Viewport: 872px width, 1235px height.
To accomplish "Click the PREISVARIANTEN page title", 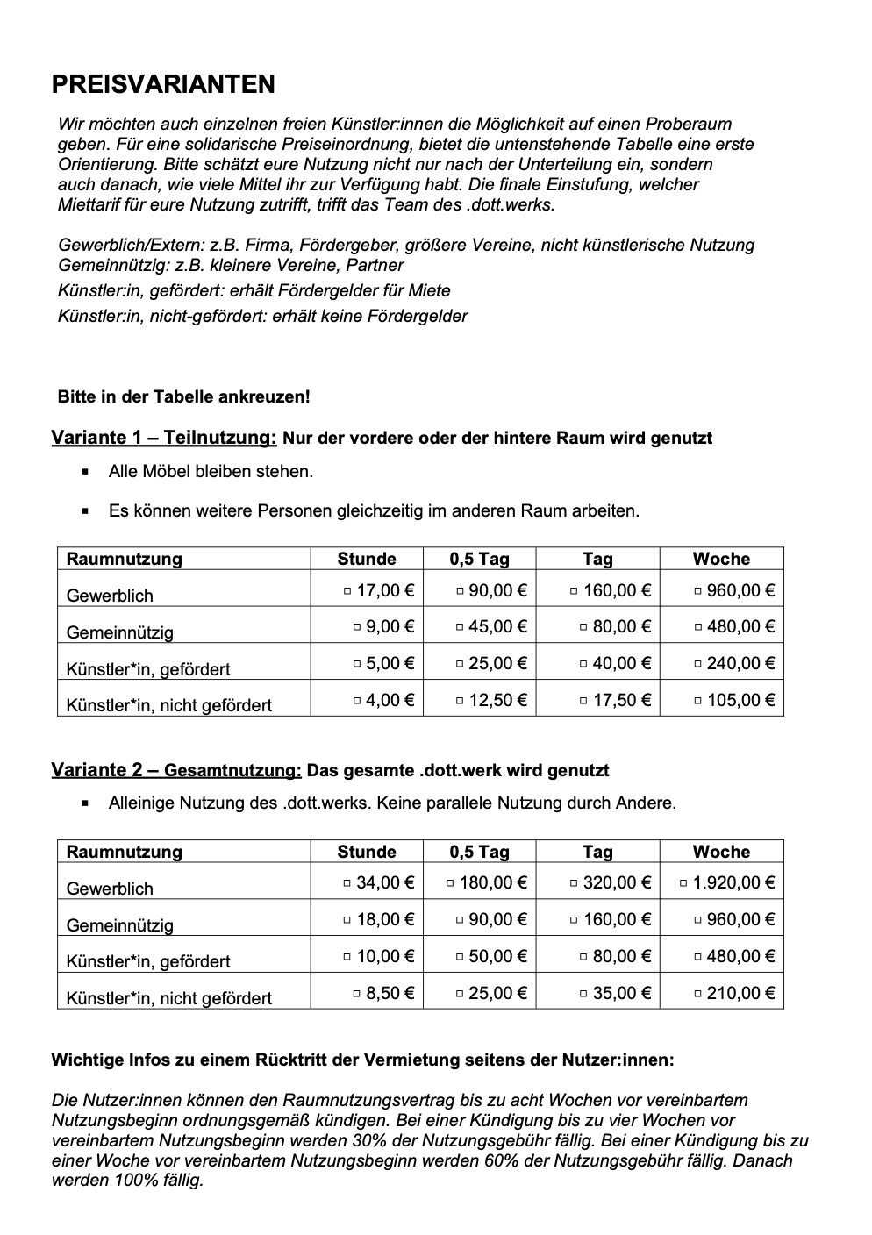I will coord(163,84).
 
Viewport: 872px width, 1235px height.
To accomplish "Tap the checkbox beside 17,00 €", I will coord(347,591).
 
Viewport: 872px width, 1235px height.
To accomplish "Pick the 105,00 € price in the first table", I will coord(740,700).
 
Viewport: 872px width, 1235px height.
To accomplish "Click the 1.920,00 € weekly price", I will coord(733,882).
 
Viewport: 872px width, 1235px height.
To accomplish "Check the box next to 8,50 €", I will coord(357,994).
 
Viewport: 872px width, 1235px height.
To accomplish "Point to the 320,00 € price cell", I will coord(617,882).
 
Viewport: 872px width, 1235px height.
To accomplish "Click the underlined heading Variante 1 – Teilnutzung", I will coord(164,438).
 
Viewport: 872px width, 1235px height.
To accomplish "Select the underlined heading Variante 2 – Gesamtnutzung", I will coord(176,770).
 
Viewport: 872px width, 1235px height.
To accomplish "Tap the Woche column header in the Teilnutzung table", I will coord(721,559).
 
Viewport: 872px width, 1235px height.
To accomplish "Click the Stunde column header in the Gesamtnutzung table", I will coord(367,852).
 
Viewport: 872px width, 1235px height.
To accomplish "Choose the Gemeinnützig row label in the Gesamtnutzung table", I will coord(120,925).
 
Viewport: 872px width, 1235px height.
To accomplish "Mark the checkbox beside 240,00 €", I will coord(698,664).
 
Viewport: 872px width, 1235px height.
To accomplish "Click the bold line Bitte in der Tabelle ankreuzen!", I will coord(184,396).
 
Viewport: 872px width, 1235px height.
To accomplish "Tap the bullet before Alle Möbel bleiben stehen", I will coord(85,472).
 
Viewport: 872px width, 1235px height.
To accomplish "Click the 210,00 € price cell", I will coord(740,993).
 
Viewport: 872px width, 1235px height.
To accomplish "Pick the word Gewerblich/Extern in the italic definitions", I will coord(131,245).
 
